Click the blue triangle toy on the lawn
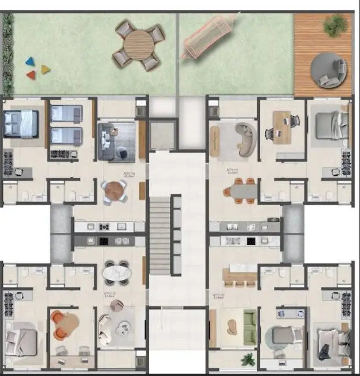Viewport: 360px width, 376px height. [29, 61]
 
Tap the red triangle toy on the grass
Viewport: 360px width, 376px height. [31, 75]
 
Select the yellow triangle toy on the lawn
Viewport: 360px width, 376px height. [45, 69]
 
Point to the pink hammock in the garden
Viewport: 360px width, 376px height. [207, 38]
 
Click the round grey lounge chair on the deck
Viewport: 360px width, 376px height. [328, 71]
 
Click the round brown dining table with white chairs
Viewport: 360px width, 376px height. [115, 190]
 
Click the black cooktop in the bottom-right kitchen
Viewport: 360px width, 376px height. [251, 241]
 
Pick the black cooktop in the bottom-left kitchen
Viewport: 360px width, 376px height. [105, 241]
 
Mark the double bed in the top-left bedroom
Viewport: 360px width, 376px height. [21, 123]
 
